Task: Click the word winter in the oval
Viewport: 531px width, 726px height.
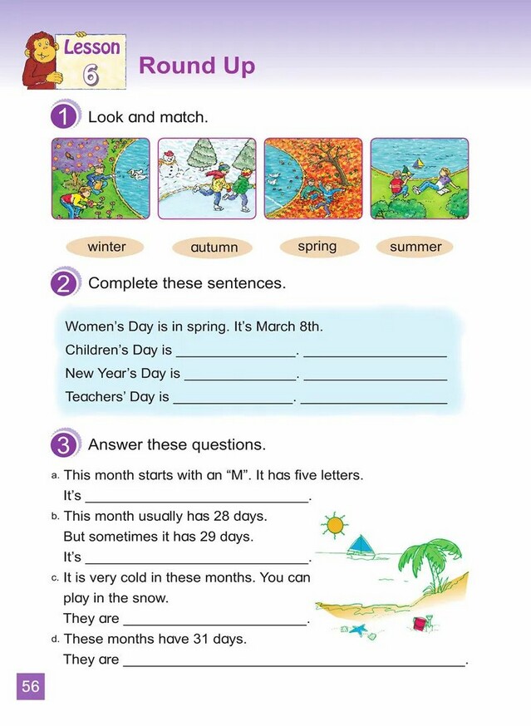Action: pos(106,247)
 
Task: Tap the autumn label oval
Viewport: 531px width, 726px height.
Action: pos(214,248)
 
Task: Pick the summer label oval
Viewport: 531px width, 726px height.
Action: pos(415,247)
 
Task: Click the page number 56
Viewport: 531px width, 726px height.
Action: pos(31,686)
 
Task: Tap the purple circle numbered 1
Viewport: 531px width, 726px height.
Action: pos(64,117)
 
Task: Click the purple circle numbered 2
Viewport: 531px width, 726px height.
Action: pos(64,283)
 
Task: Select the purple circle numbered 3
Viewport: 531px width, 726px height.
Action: pos(64,445)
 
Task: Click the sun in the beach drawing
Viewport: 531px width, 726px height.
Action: pos(335,525)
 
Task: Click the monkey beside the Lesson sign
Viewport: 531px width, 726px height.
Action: pos(37,60)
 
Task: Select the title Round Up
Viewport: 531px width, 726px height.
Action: pos(197,66)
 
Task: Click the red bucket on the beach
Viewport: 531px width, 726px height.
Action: pos(433,621)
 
